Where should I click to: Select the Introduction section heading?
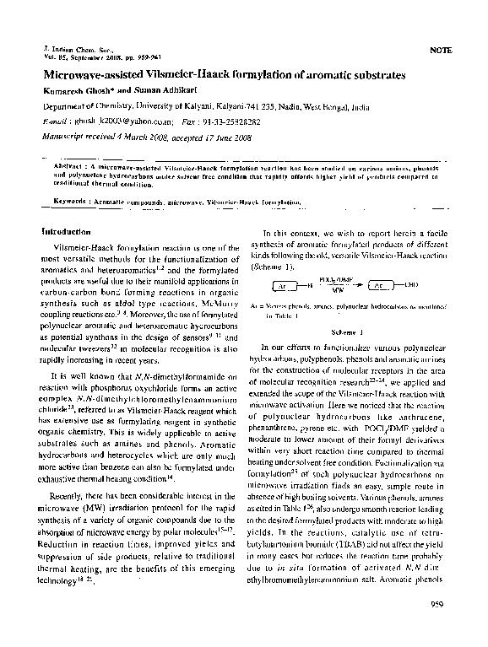(x=68, y=230)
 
